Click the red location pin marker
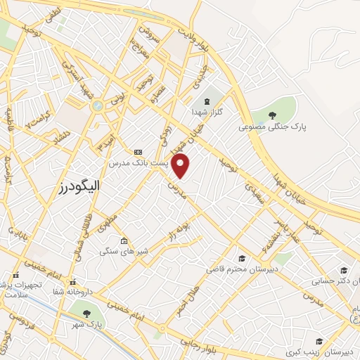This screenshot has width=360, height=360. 181,165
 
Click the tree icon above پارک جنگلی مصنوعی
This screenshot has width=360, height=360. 273,115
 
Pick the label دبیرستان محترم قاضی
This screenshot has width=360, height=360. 242,269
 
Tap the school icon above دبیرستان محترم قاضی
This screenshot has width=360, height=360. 242,258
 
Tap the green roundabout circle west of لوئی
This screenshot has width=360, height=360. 97,105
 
